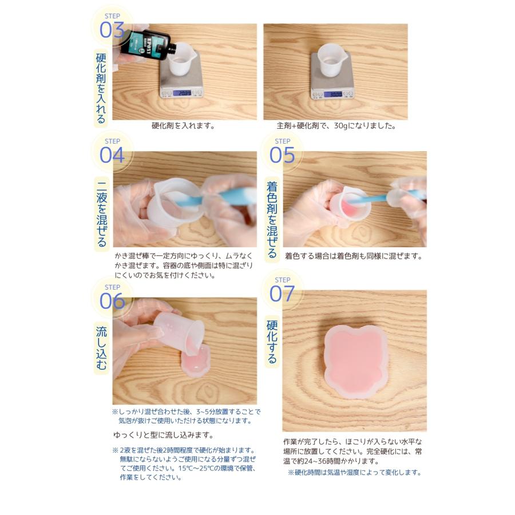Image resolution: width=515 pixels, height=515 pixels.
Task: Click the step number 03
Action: coord(112,30)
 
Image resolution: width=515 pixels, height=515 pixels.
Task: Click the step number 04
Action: coord(112,154)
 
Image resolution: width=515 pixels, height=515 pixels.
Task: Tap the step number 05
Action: coord(282,154)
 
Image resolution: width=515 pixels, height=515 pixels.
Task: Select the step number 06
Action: coord(112,301)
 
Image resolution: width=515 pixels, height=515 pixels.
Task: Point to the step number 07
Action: coord(282,294)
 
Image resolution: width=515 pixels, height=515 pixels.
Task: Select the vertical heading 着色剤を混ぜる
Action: coord(271,220)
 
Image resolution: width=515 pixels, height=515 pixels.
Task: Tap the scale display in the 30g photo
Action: coord(332,94)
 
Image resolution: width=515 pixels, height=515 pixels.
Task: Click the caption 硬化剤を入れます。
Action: coord(183,126)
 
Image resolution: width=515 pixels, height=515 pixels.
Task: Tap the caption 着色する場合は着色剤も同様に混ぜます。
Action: coord(353,256)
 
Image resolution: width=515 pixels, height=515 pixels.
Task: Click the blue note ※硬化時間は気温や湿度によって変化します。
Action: coord(355,473)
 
